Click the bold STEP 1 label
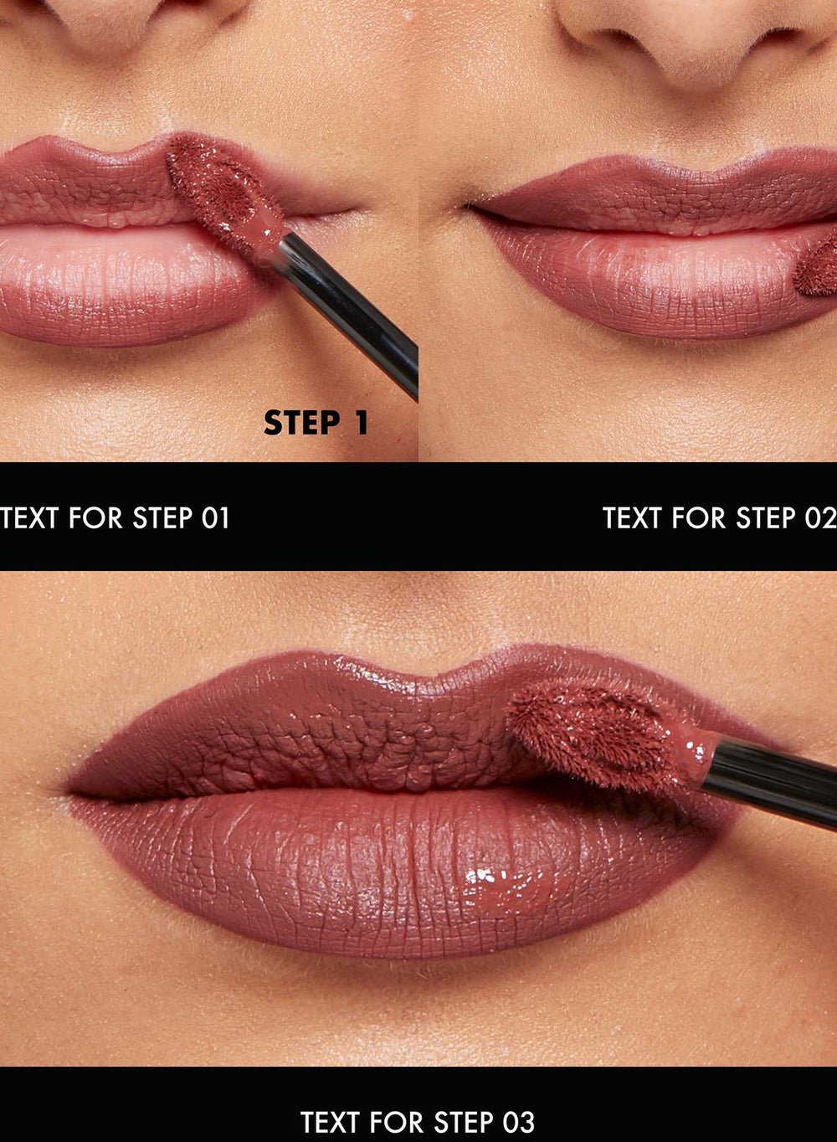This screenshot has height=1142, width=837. tap(316, 423)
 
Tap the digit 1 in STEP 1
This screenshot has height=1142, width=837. tap(361, 423)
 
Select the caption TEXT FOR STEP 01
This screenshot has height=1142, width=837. tap(116, 518)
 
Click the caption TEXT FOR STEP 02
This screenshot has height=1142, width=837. tap(719, 518)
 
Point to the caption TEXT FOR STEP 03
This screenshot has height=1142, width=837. tap(417, 1121)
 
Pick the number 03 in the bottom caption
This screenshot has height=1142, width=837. tap(519, 1121)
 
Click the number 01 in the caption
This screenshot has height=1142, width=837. tap(216, 518)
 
